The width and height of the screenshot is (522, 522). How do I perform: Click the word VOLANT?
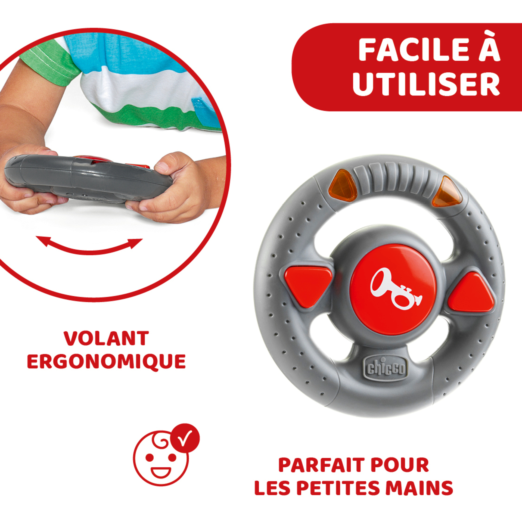pos(106,338)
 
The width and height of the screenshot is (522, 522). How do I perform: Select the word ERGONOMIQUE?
pos(106,362)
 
